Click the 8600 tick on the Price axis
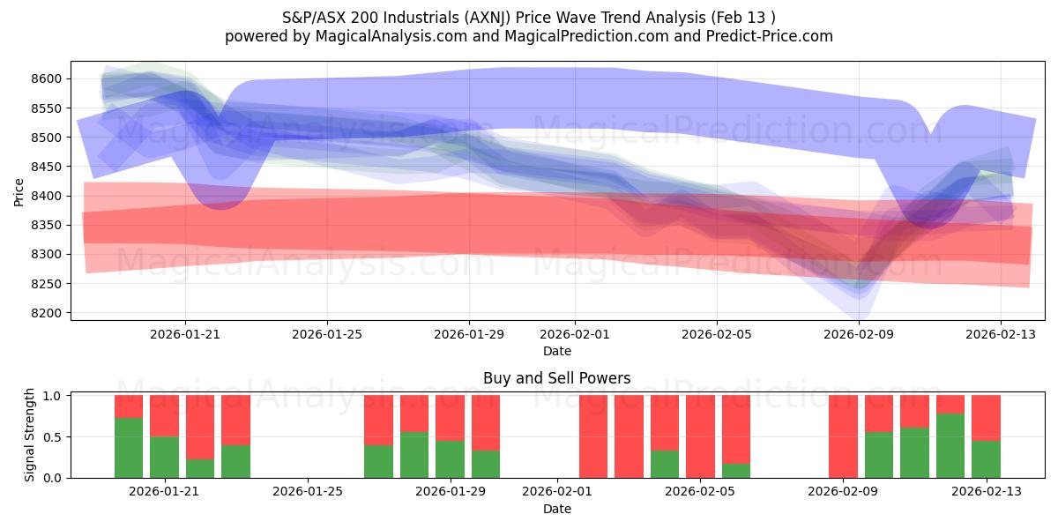coord(48,79)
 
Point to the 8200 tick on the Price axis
coord(48,313)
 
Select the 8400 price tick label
coord(48,196)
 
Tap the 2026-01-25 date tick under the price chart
coord(327,335)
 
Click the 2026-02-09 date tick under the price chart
coord(859,335)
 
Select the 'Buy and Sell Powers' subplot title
coord(556,378)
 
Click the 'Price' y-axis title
coord(19,190)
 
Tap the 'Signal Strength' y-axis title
coord(29,435)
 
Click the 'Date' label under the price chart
coord(556,351)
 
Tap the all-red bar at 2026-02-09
coord(843,436)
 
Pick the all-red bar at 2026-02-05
coord(700,436)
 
